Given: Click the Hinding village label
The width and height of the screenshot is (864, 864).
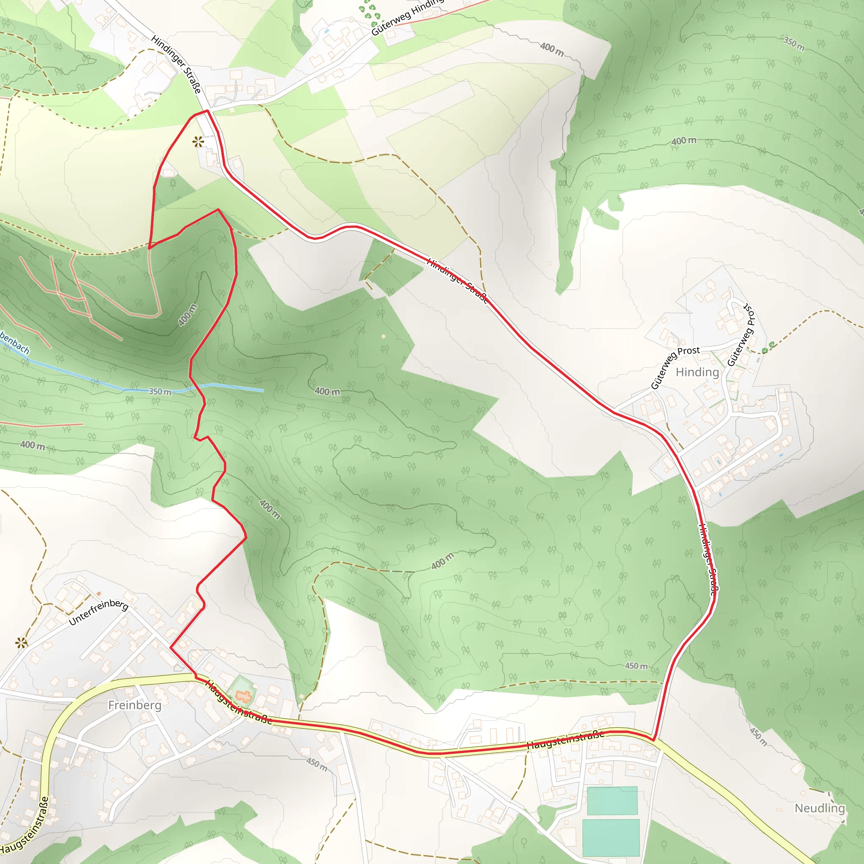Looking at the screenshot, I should [x=697, y=372].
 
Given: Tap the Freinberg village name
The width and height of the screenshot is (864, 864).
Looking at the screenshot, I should [x=135, y=705].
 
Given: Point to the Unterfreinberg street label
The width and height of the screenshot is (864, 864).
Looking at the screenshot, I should [x=98, y=612].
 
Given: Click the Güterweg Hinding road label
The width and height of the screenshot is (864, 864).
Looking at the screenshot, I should [x=407, y=17].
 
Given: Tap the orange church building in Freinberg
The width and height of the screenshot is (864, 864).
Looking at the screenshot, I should [x=243, y=696].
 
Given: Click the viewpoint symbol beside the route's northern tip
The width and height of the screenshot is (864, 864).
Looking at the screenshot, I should [x=198, y=142].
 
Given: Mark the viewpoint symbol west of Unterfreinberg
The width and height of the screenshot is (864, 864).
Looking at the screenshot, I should [x=21, y=643].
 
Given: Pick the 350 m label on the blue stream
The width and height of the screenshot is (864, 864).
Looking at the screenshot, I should [x=159, y=392].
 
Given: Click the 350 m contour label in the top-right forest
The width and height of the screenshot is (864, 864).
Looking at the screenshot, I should [x=794, y=44].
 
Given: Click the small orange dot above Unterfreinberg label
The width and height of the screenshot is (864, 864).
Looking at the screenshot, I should [x=99, y=594].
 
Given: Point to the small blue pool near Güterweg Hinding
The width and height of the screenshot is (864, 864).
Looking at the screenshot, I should [x=327, y=31].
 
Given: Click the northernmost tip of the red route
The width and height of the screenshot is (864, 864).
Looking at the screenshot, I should [x=207, y=111].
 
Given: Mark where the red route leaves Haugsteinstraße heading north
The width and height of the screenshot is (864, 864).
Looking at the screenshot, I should [x=653, y=740].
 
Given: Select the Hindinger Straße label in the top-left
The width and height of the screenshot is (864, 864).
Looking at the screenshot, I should [x=176, y=65].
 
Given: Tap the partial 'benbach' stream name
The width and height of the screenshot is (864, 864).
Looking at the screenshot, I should [x=14, y=343].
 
